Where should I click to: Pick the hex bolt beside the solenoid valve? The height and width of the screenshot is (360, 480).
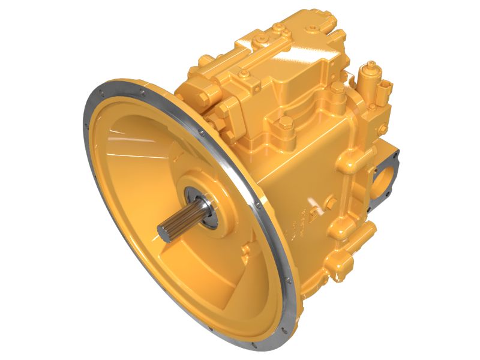(x=338, y=89)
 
